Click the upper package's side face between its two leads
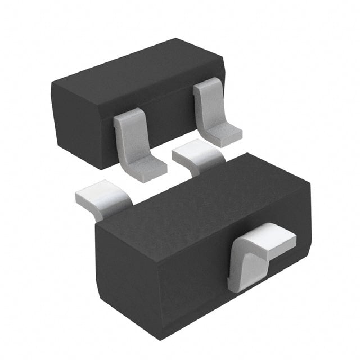[x=169, y=124]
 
